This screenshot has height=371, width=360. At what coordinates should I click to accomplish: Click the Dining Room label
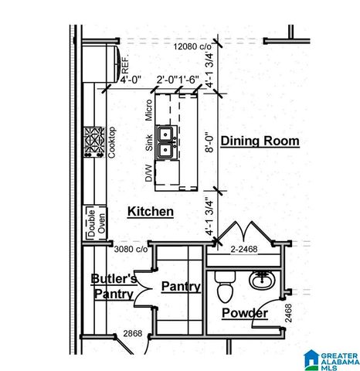point(260,141)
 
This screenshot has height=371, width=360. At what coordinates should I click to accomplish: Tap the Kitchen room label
point(150,211)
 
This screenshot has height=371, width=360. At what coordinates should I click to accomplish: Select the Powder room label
point(245,313)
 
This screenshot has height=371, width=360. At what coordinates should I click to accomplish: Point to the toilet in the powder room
point(226,288)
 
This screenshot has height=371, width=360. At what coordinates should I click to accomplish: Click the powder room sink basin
point(263,279)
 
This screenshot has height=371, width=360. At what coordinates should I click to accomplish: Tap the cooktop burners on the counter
point(94,143)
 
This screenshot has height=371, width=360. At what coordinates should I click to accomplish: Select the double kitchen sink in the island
point(166,141)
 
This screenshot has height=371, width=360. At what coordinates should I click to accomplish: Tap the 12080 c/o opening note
point(193,46)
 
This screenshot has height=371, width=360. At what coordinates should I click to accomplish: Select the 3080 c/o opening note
point(131,249)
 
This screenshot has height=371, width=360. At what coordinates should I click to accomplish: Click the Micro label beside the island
point(148,110)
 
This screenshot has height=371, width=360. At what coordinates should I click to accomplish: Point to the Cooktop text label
point(111,143)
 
